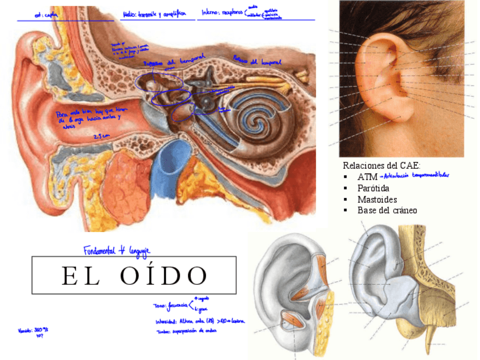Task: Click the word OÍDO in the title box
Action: coord(164,276)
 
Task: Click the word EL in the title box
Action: coord(78,276)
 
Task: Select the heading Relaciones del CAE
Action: coord(382,165)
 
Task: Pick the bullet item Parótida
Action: coord(373,188)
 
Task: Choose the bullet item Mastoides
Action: coord(377,199)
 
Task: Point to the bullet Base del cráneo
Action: coord(387,210)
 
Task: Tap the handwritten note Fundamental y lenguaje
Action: coord(117,250)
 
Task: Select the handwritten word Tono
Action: coord(159,306)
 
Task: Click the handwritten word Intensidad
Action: coord(166,321)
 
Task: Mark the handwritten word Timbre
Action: coord(164,332)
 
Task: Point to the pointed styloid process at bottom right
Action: coord(432,335)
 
